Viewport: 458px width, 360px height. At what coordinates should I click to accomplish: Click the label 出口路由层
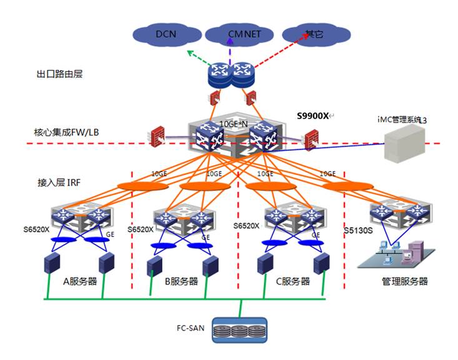59,74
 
